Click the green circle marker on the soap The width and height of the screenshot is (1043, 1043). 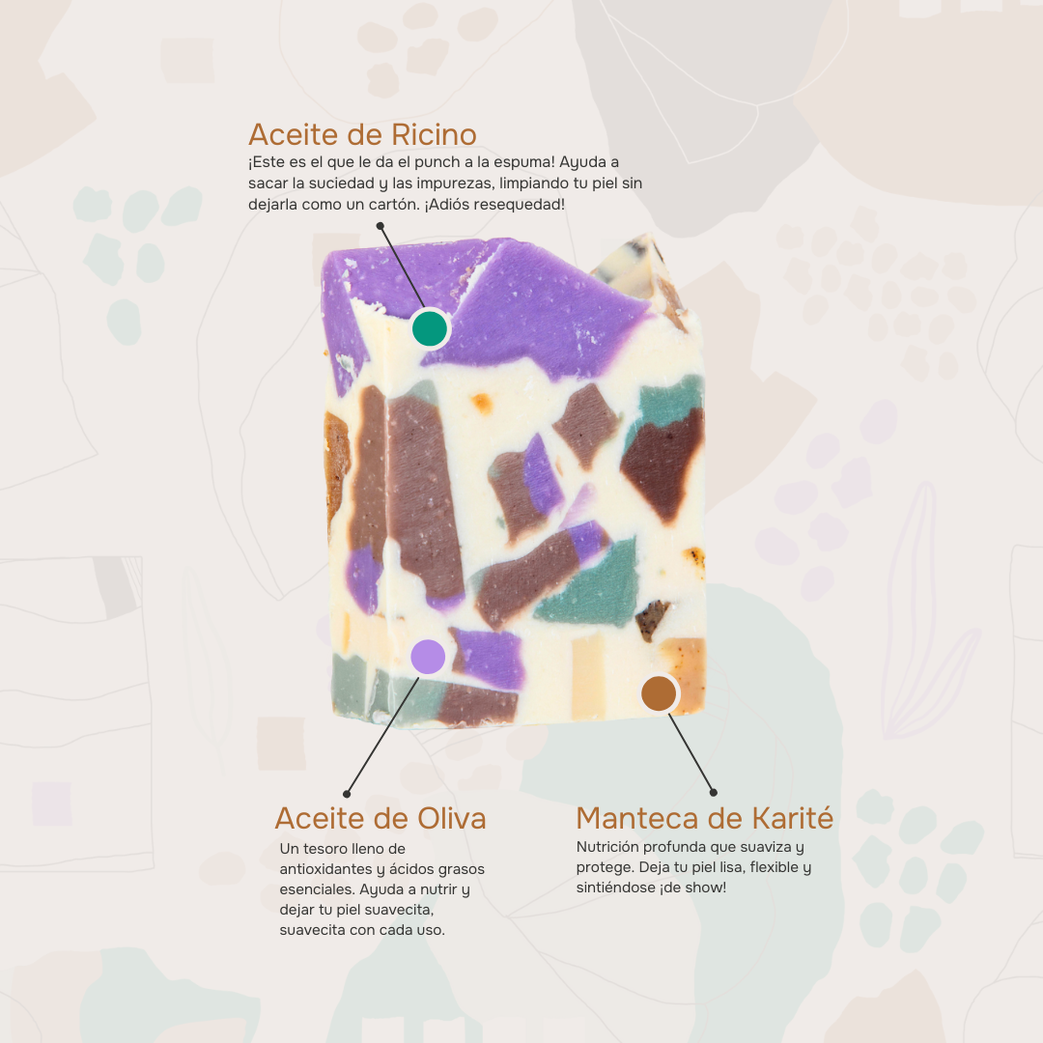tap(430, 328)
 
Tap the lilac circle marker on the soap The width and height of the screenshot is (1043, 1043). tap(428, 657)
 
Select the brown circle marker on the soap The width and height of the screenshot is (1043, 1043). tap(659, 692)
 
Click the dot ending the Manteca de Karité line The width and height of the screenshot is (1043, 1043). tap(714, 792)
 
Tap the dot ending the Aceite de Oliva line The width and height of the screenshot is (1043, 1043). tap(346, 794)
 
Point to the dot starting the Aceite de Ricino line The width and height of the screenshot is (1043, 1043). tap(381, 226)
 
